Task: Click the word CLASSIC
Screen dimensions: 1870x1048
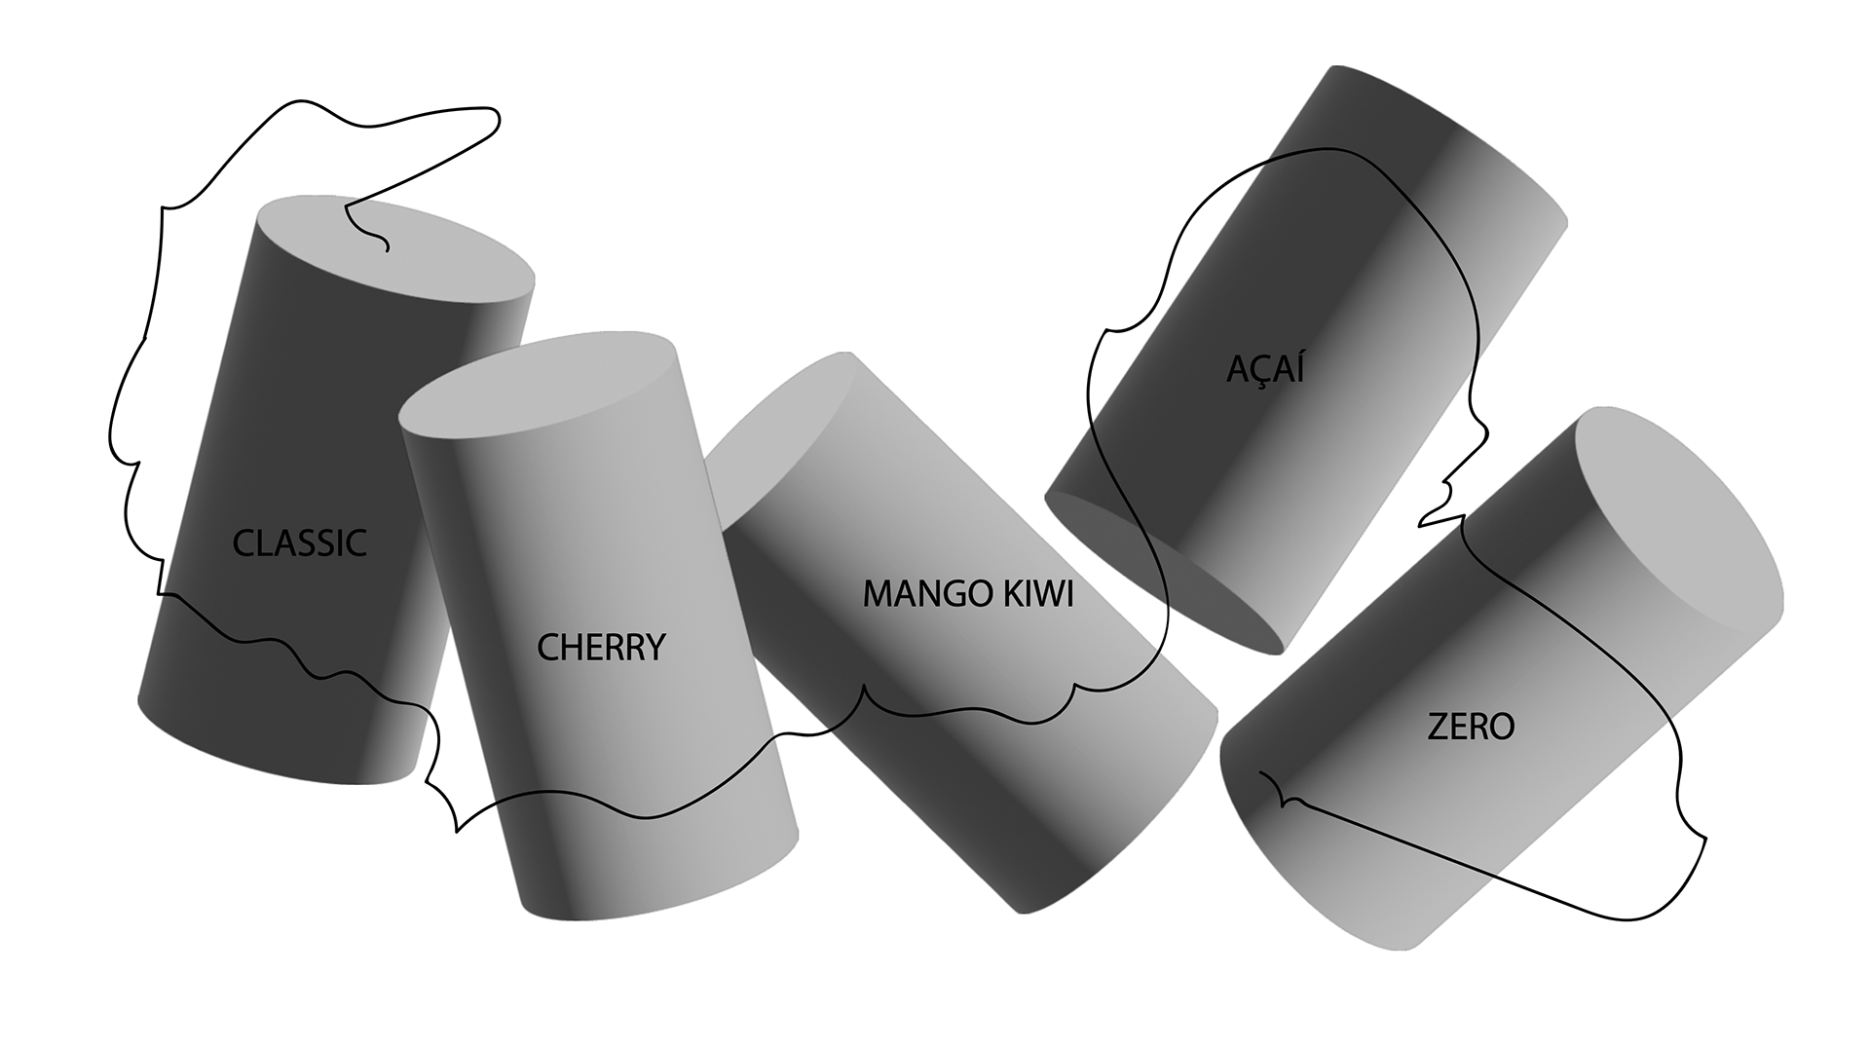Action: [x=299, y=543]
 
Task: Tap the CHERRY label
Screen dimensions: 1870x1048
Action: [x=601, y=647]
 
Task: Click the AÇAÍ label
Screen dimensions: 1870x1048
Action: [x=1265, y=370]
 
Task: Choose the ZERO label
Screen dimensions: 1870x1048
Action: [x=1471, y=727]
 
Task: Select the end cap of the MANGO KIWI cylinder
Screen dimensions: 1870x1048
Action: [x=779, y=429]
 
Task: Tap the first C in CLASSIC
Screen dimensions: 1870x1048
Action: [x=243, y=543]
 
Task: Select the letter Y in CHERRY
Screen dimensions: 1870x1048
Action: [x=654, y=647]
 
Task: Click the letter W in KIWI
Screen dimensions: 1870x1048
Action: [x=1042, y=593]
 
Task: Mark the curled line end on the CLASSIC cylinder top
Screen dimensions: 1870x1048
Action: [x=387, y=249]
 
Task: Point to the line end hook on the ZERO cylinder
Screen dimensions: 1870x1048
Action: [x=1262, y=773]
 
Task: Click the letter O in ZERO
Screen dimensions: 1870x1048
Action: [x=1501, y=727]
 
